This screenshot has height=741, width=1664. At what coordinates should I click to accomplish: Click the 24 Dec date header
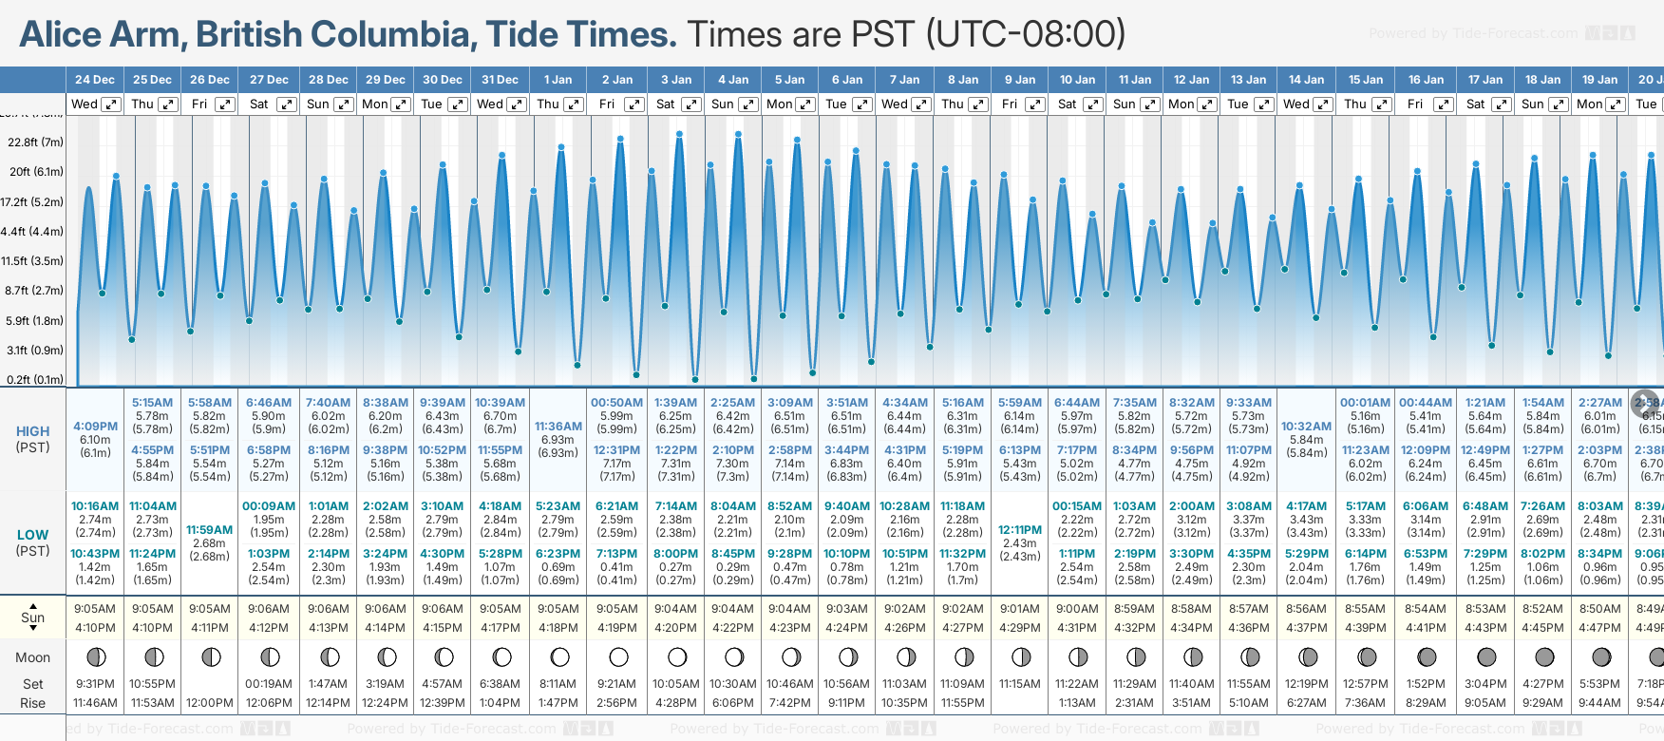click(x=95, y=80)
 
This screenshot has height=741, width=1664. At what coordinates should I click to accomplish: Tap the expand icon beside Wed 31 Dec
click(x=517, y=104)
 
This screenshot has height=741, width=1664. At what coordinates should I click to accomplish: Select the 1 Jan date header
click(x=558, y=80)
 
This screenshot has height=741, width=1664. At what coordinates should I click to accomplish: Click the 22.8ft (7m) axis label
click(x=35, y=142)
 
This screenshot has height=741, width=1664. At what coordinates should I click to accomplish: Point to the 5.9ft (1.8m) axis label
click(x=35, y=321)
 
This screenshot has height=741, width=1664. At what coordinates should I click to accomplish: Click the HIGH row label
click(x=33, y=431)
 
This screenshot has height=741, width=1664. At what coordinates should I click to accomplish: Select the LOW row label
click(x=33, y=535)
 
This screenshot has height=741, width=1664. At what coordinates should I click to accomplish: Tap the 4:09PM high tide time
click(x=95, y=427)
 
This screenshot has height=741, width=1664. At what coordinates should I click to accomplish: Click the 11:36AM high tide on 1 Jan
click(x=558, y=427)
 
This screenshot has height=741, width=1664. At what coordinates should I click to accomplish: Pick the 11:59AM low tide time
click(x=210, y=530)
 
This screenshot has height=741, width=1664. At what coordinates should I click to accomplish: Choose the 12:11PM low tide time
click(x=1020, y=530)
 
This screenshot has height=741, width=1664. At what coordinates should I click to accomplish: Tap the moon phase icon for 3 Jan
click(x=677, y=656)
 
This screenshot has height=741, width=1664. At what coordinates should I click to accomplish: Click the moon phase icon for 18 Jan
click(x=1544, y=656)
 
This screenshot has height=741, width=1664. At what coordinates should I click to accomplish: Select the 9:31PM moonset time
click(x=95, y=684)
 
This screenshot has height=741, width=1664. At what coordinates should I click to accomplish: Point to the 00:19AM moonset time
click(x=269, y=684)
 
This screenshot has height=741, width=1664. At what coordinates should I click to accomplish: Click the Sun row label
click(x=33, y=617)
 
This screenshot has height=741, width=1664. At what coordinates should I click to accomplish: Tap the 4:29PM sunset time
click(x=1020, y=628)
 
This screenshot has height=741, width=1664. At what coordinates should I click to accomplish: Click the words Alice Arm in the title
click(x=100, y=34)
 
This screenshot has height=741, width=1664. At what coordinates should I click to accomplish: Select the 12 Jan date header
click(x=1191, y=80)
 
